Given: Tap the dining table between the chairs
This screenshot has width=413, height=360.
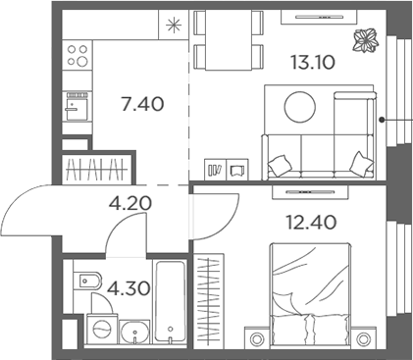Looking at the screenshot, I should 228,40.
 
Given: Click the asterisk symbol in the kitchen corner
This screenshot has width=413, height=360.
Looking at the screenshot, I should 175,25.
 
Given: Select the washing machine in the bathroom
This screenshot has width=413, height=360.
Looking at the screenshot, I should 99,330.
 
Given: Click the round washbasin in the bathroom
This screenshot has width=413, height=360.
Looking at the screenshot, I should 132,332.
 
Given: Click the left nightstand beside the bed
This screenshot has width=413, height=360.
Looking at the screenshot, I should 258,339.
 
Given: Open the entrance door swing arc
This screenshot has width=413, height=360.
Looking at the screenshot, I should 29,206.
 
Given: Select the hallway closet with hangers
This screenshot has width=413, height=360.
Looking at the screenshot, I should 96,168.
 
